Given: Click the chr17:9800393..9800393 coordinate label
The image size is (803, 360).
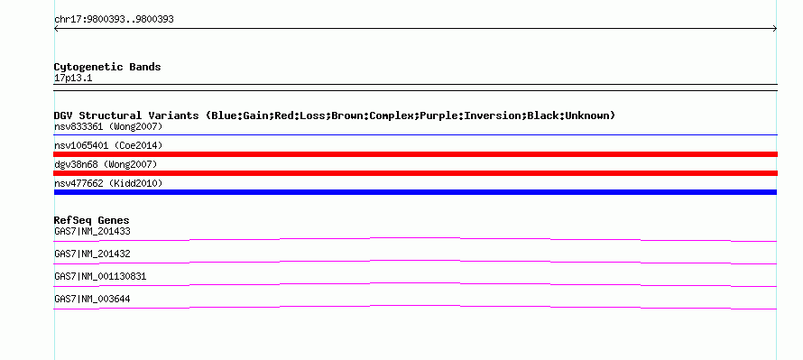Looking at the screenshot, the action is coord(114,20).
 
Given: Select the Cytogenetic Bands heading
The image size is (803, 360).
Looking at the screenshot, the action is coord(107,67).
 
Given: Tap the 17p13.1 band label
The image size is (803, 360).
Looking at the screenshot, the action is coord(73,78).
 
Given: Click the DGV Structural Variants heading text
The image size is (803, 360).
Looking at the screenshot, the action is coord(335,115).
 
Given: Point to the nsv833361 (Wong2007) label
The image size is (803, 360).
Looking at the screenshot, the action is coord(108,126).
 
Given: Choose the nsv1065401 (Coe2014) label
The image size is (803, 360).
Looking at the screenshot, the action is coord(108,145).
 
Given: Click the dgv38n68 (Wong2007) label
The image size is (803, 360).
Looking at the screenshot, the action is coord(106,164).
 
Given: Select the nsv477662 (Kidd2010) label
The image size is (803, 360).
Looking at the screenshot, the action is coord(108,183).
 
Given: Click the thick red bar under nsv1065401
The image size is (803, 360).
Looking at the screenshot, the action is coord(415,154).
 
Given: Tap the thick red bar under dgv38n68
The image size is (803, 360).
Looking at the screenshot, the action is coord(415,173).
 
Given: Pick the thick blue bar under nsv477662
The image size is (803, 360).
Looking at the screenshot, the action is coord(415,192).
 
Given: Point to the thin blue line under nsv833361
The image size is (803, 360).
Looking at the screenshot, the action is coord(415,134).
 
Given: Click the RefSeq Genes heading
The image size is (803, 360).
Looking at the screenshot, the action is coord(92,220).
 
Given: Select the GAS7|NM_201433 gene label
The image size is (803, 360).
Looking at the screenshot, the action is coord(92,232).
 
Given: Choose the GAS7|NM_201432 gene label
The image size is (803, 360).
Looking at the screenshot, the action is coord(92,254).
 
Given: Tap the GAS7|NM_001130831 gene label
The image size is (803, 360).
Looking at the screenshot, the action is coord(100,276).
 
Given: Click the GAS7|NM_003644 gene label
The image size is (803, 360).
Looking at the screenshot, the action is coord(92,299).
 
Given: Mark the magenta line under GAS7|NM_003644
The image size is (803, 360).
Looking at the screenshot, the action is coord(415,306).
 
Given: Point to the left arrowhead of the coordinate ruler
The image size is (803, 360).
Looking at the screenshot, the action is coord(55,29).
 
